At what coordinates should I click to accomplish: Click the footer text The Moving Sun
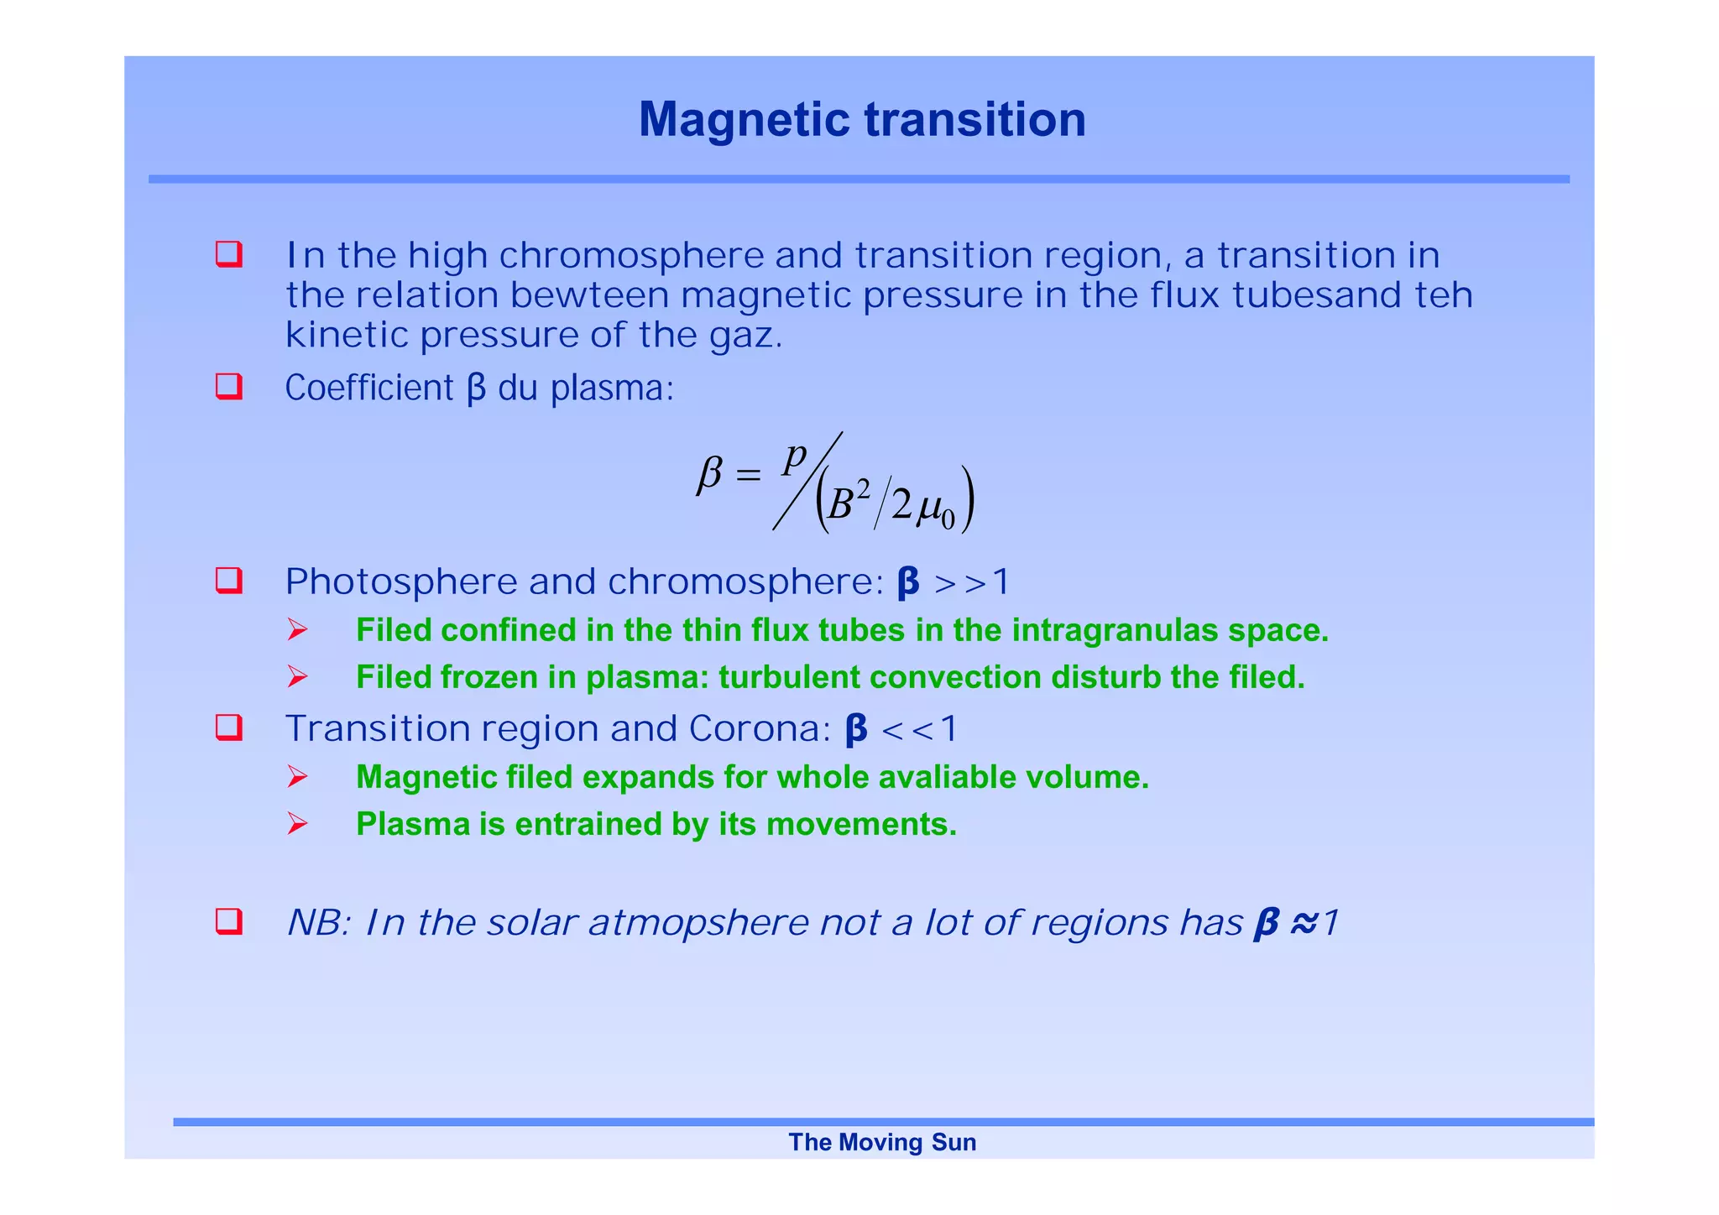pyautogui.click(x=882, y=1142)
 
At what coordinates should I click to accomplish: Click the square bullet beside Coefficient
pyautogui.click(x=228, y=387)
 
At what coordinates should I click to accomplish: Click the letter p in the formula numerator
pyautogui.click(x=794, y=457)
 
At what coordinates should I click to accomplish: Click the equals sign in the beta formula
pyautogui.click(x=747, y=475)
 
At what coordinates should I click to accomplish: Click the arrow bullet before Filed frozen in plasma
pyautogui.click(x=297, y=676)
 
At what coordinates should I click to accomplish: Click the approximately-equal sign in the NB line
pyautogui.click(x=1304, y=923)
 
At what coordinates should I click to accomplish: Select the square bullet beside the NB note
pyautogui.click(x=228, y=921)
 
